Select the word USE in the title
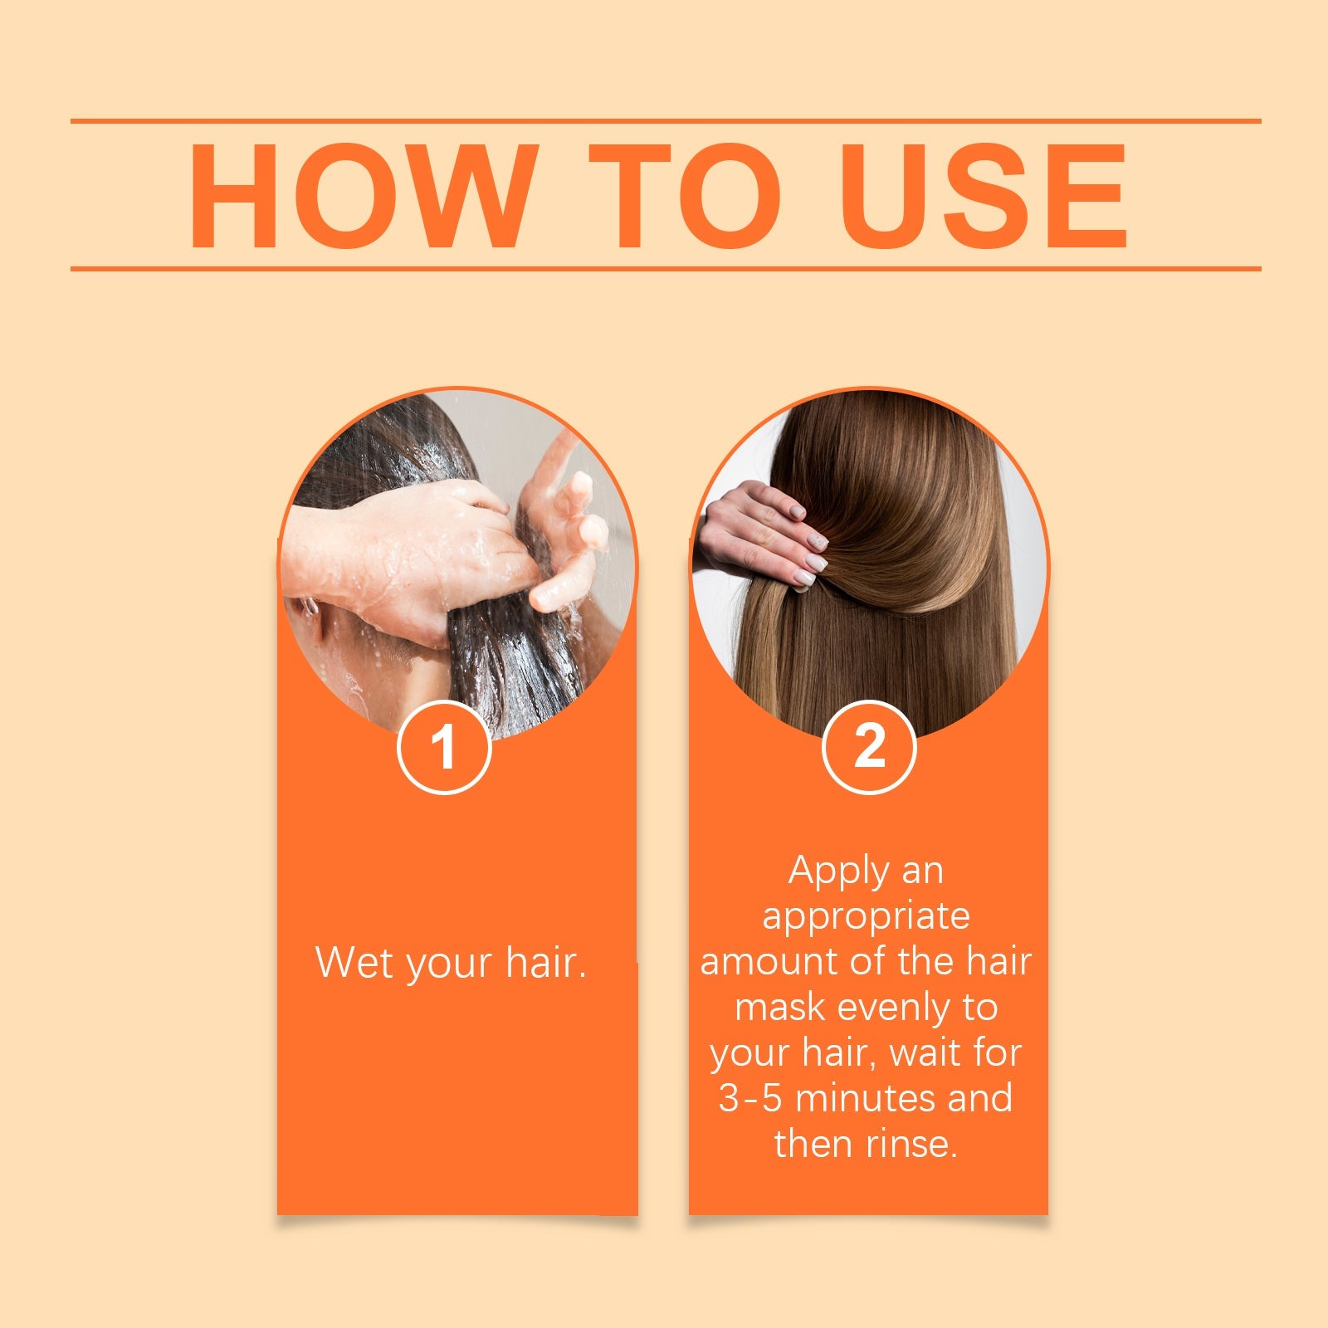[x=984, y=197]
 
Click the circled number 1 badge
[x=445, y=747]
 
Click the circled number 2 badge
[x=869, y=747]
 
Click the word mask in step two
[x=779, y=1008]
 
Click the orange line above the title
[x=664, y=121]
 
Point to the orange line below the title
[x=664, y=269]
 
